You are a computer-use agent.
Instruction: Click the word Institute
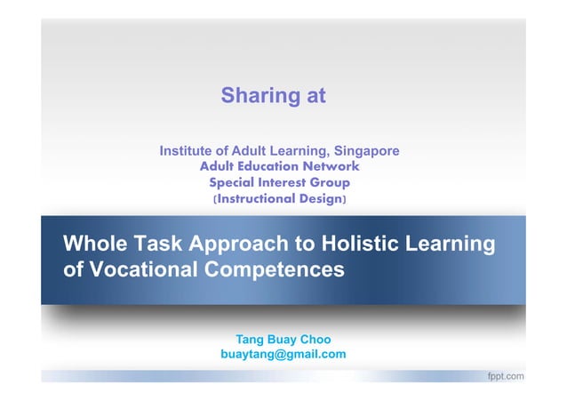[x=188, y=150]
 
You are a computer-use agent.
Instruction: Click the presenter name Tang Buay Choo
[x=283, y=339]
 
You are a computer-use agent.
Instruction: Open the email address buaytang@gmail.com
[x=283, y=355]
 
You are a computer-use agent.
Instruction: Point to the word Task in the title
[x=156, y=244]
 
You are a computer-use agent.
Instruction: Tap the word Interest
[x=290, y=182]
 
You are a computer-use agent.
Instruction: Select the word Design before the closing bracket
[x=319, y=199]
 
